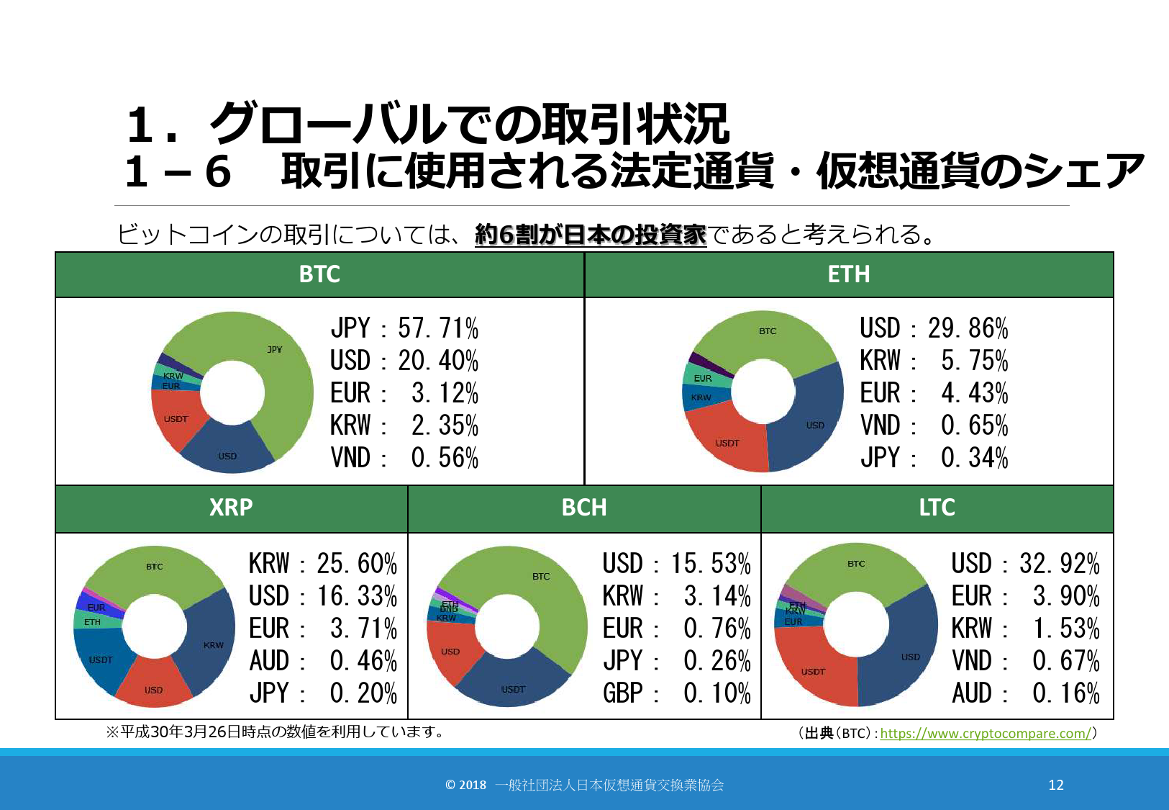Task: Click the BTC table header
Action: (319, 274)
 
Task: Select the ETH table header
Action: (849, 274)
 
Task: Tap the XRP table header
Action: (231, 508)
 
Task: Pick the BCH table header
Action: (584, 508)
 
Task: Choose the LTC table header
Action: (937, 508)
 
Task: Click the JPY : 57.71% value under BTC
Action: (404, 328)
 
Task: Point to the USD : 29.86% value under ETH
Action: (934, 328)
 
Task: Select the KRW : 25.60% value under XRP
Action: (323, 563)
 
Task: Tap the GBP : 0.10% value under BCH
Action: (676, 693)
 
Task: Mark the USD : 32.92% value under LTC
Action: (1025, 563)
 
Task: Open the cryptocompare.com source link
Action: (986, 734)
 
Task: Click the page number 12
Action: (1055, 785)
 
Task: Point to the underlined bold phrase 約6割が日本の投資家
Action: (591, 235)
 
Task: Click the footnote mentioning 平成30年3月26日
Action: (276, 732)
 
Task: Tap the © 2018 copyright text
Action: (584, 785)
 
